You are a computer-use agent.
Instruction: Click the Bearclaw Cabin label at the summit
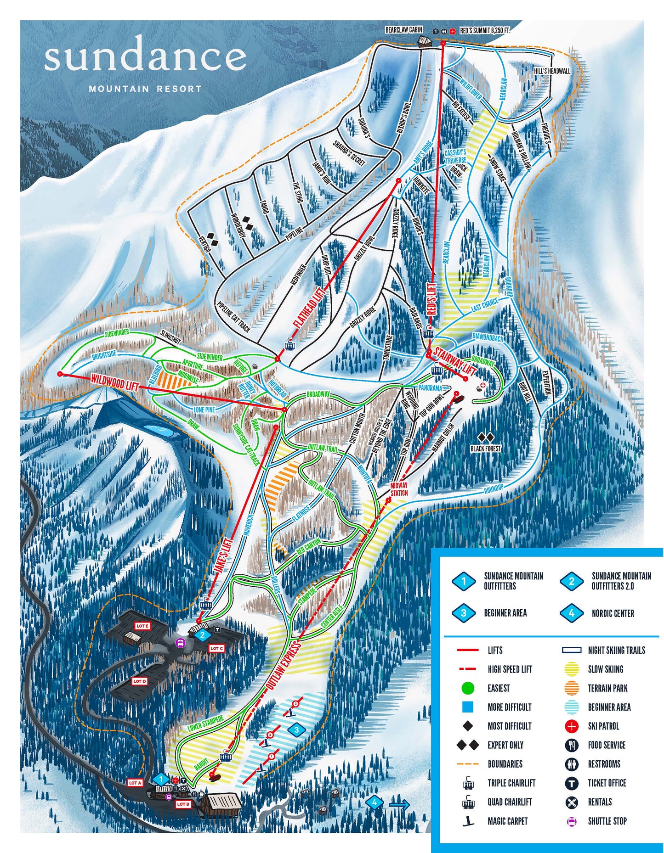(403, 30)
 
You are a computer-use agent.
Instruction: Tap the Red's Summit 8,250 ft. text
(485, 31)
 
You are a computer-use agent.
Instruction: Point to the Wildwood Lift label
(114, 382)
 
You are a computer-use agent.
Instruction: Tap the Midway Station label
(399, 489)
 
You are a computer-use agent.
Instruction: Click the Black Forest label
(485, 449)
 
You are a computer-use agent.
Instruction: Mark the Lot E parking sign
(142, 626)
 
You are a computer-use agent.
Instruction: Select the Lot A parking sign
(135, 783)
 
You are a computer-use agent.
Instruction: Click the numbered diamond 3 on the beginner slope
(297, 730)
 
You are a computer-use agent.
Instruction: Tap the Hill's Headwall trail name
(552, 71)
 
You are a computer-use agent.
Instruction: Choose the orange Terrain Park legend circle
(571, 688)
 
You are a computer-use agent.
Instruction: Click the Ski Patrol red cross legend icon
(571, 726)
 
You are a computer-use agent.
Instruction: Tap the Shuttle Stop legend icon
(571, 821)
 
